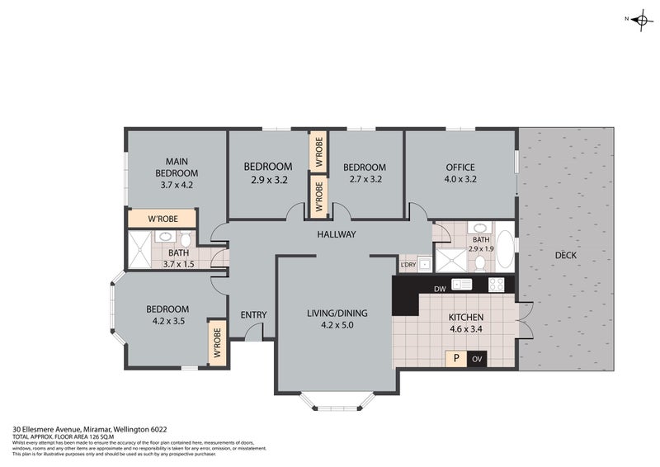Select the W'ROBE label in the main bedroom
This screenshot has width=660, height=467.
(161, 219)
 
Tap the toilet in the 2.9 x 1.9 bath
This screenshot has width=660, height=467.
(479, 263)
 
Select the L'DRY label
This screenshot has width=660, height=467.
(408, 265)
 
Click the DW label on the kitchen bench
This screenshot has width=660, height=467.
(440, 288)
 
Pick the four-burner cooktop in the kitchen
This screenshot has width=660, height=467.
(497, 285)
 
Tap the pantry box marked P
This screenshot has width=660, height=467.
(455, 358)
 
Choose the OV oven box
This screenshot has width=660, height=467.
(477, 359)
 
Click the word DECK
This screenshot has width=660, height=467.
(565, 255)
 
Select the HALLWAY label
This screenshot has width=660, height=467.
(336, 234)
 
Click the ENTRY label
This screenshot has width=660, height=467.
(252, 314)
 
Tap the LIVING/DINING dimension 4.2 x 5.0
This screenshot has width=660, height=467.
(336, 325)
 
